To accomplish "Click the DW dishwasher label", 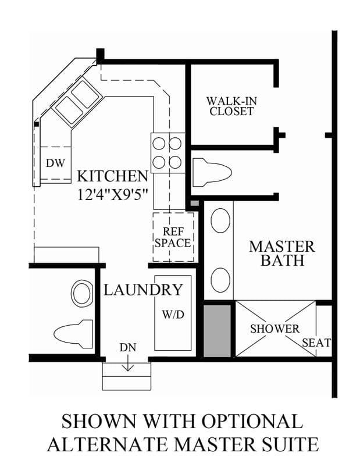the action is (56, 163).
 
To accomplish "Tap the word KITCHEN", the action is (113, 176).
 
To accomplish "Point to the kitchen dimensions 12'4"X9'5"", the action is (112, 194).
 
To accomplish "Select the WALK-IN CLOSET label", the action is (231, 106).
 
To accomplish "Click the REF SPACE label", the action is (173, 237).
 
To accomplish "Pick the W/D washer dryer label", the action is (173, 315).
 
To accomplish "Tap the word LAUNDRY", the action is (143, 290).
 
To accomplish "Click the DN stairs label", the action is (128, 348).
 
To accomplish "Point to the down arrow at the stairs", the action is (128, 363).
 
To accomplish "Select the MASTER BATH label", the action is (282, 254).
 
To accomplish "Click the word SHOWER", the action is (275, 329).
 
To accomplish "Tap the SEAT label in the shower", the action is (316, 343).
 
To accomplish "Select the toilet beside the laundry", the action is (73, 334).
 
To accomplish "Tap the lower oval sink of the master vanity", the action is (220, 280).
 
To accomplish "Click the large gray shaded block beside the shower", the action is (217, 331).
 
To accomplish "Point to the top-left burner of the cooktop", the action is (159, 143).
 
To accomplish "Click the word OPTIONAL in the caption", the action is (252, 421).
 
